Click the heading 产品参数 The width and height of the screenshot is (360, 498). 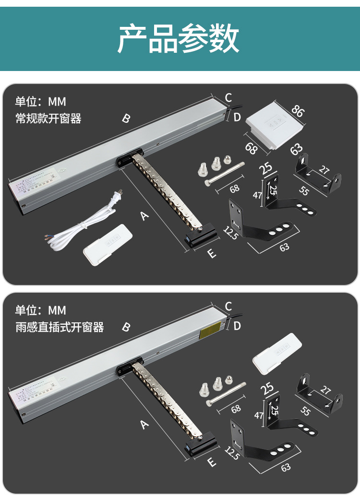click(179, 38)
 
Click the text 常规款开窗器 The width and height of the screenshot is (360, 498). click(48, 119)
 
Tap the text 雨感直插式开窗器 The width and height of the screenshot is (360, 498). click(60, 328)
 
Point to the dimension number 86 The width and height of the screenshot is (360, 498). click(298, 111)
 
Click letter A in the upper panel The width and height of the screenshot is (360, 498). click(144, 216)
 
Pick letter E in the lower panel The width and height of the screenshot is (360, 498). click(212, 462)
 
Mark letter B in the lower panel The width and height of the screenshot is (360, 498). click(126, 327)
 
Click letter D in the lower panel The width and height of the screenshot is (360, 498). click(237, 326)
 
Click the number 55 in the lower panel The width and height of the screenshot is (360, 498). click(304, 410)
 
